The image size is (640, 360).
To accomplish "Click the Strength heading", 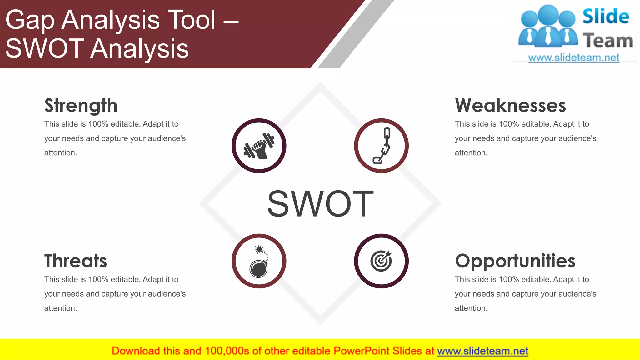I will point(81,106).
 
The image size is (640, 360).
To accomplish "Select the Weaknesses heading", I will point(510,106).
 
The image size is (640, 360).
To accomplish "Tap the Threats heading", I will point(75,261).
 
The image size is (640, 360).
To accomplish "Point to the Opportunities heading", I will point(515,261).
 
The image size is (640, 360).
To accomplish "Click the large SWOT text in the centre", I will point(320,204).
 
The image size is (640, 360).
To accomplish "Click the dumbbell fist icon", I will point(259,146).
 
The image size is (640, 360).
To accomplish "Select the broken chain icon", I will point(382,146).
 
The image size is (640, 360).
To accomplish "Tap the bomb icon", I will point(259,261).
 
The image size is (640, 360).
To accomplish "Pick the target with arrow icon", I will point(381,261).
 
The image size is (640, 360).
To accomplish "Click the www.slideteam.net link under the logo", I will point(574,58).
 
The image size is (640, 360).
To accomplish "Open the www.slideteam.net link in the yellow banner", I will point(482,351).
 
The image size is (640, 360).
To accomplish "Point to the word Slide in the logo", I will point(606,17).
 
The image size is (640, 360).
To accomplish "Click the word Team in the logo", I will point(608,41).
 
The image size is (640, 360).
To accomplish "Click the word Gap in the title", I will point(30,21).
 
